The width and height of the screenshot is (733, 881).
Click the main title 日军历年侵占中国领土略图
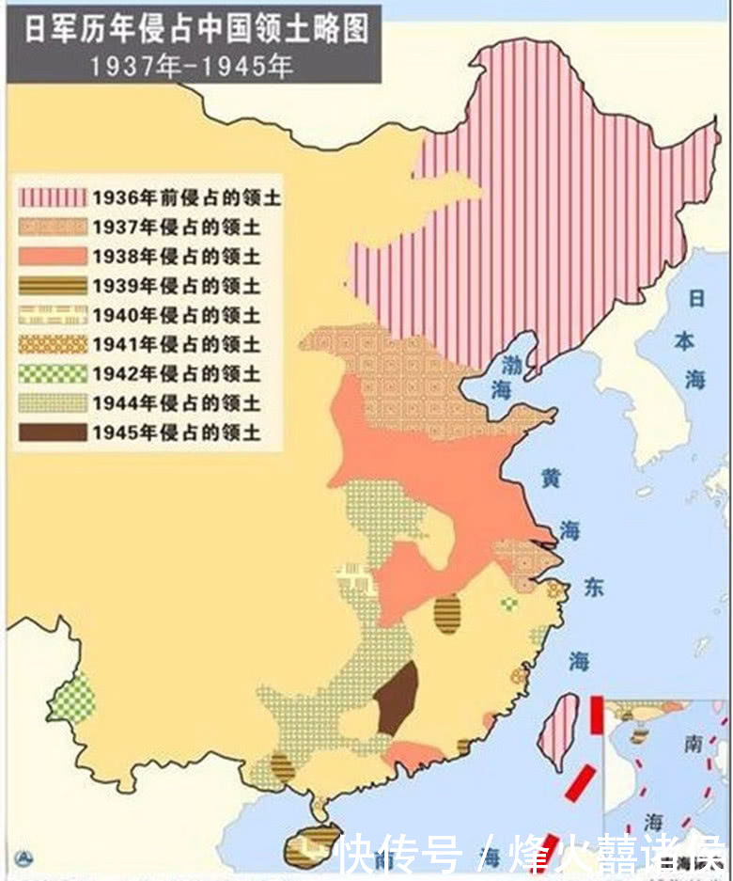tap(195, 29)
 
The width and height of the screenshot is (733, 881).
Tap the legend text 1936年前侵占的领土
tap(186, 197)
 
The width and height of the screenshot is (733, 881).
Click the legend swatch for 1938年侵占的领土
tap(53, 257)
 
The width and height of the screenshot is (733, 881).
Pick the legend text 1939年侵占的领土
tap(176, 286)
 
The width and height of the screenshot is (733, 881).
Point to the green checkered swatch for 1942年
tap(53, 374)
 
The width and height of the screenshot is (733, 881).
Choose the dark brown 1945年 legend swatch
tap(53, 433)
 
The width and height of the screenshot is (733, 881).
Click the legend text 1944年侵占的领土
tap(176, 403)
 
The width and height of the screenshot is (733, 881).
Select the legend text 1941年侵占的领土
tap(176, 344)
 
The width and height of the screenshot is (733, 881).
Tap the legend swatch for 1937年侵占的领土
tap(53, 227)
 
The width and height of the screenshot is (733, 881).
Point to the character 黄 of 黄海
tap(552, 477)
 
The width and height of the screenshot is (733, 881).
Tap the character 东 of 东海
tap(595, 587)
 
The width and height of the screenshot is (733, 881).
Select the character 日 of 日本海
tap(696, 299)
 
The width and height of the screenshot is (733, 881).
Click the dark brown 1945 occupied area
tap(396, 699)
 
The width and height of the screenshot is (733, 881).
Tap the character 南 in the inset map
tap(694, 744)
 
